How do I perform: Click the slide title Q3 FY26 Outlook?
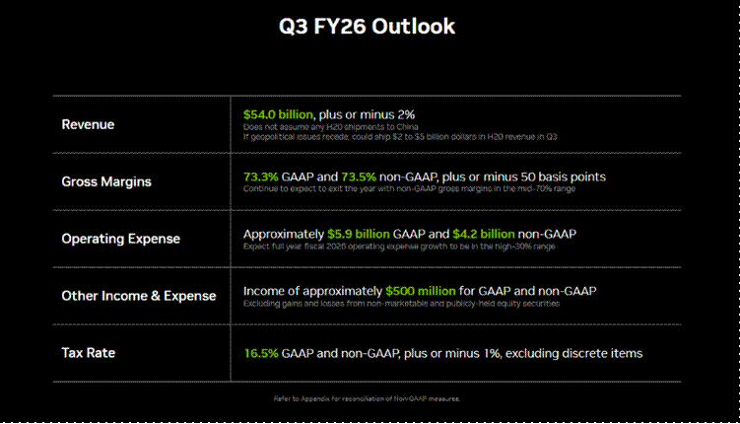click(367, 27)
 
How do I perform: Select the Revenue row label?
click(88, 124)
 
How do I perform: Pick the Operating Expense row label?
click(120, 239)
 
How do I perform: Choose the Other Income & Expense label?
click(139, 296)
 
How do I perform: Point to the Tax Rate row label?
click(89, 352)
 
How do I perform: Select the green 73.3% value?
click(260, 177)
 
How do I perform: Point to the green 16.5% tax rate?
click(260, 352)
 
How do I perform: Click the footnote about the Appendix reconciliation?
click(367, 398)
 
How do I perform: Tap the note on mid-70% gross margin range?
click(409, 188)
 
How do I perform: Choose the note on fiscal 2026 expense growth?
click(398, 246)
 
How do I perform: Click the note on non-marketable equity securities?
click(402, 303)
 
